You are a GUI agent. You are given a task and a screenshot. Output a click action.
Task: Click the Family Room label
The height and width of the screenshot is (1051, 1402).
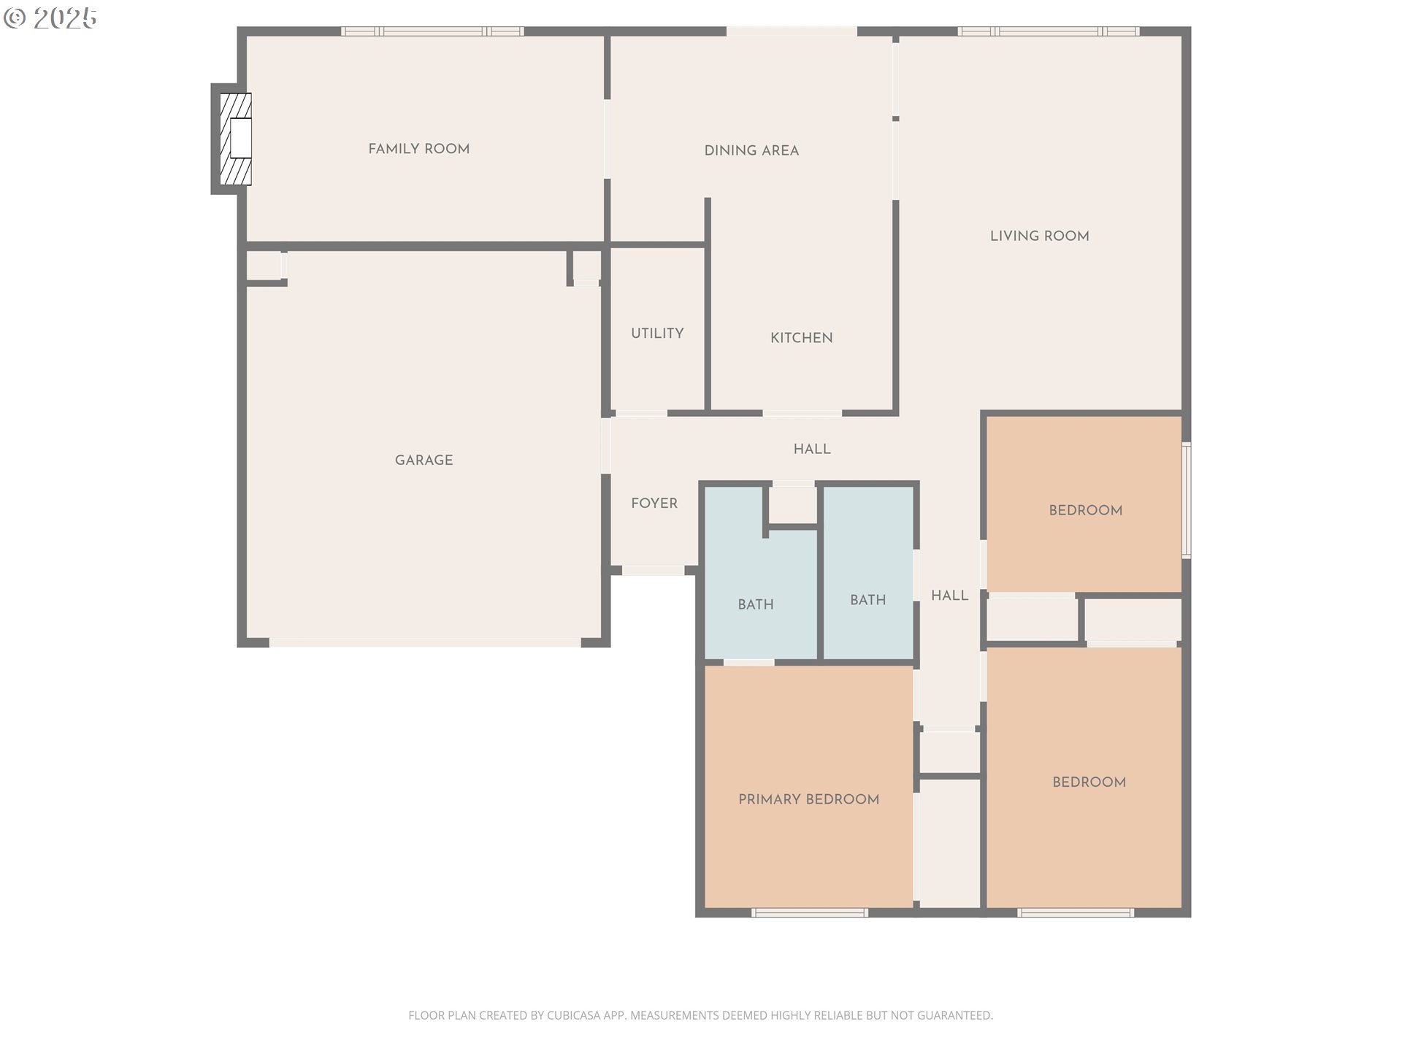pyautogui.click(x=418, y=149)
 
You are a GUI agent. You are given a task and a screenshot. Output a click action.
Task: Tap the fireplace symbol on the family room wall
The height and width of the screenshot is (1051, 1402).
pyautogui.click(x=236, y=139)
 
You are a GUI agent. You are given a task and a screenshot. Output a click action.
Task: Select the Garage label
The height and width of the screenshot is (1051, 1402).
pyautogui.click(x=424, y=461)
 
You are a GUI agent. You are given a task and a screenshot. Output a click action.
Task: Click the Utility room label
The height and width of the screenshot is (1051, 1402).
pyautogui.click(x=657, y=334)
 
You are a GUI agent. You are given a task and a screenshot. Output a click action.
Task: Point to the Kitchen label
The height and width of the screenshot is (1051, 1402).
pyautogui.click(x=801, y=338)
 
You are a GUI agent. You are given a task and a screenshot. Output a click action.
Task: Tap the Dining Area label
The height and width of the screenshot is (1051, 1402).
pyautogui.click(x=751, y=151)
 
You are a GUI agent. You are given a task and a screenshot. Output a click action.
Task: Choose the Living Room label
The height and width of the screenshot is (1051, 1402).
pyautogui.click(x=1039, y=236)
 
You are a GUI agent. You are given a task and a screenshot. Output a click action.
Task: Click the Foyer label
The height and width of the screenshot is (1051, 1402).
pyautogui.click(x=654, y=504)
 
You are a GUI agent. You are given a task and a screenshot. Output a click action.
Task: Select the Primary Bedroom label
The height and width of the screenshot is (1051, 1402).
pyautogui.click(x=808, y=800)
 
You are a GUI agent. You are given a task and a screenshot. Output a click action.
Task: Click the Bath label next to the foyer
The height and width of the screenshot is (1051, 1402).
pyautogui.click(x=755, y=605)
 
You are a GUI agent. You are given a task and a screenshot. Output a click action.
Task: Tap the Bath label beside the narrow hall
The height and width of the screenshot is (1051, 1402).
pyautogui.click(x=867, y=601)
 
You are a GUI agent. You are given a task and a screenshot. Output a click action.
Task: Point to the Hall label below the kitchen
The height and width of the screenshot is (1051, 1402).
pyautogui.click(x=812, y=450)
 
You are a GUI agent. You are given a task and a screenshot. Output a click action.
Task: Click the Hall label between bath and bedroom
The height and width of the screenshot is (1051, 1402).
pyautogui.click(x=949, y=596)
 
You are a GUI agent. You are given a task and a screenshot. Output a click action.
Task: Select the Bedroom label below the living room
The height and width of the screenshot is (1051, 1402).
pyautogui.click(x=1085, y=511)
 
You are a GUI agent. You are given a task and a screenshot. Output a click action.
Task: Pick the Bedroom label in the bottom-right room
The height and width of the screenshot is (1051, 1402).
pyautogui.click(x=1089, y=782)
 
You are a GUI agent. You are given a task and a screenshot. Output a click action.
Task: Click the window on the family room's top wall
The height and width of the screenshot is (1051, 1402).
pyautogui.click(x=432, y=31)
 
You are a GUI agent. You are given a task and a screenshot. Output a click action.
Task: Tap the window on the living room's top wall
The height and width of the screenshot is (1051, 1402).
pyautogui.click(x=1048, y=31)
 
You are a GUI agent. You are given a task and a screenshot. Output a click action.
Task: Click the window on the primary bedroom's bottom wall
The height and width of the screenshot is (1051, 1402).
pyautogui.click(x=809, y=913)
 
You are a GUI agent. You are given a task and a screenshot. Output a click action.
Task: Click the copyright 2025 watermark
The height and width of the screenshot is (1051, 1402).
pyautogui.click(x=50, y=18)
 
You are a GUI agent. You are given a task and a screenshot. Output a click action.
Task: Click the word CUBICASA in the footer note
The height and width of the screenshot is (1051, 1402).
pyautogui.click(x=573, y=1015)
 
